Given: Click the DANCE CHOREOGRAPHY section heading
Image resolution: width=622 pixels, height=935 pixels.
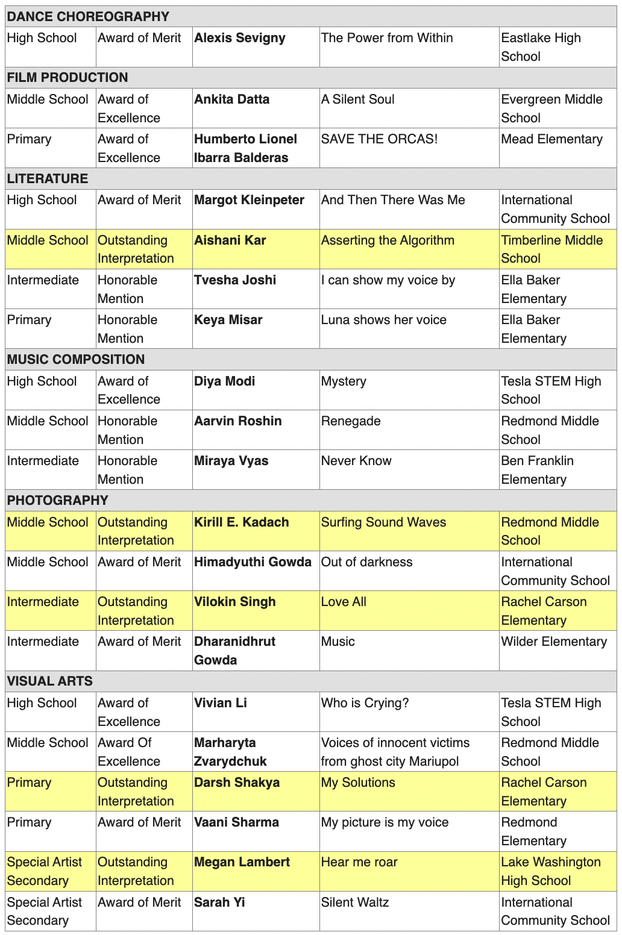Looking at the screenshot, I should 88,16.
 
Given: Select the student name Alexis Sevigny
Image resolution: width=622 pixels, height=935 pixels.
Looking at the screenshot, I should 239,38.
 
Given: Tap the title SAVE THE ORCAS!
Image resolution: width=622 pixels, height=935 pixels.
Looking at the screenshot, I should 379,139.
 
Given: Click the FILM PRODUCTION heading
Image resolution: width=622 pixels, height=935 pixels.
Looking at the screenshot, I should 68,78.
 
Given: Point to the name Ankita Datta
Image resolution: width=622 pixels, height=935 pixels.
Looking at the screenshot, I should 231,99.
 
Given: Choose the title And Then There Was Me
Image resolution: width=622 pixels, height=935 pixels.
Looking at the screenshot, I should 393,200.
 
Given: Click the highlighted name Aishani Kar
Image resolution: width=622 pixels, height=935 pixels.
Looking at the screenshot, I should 230,240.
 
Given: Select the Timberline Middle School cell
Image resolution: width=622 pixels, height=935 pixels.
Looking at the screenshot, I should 551,249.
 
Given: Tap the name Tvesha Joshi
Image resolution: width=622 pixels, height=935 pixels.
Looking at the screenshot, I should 234,280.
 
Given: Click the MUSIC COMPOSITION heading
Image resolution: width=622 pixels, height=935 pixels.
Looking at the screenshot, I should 76,360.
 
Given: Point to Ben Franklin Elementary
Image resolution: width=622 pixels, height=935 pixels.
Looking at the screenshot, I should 537,470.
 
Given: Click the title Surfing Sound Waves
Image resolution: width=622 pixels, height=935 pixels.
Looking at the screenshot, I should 383,522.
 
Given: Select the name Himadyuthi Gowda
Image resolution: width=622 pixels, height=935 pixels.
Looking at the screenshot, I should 253,562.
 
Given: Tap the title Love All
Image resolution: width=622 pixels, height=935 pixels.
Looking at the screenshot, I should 344,602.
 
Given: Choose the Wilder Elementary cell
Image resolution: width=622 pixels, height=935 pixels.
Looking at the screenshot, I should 554,642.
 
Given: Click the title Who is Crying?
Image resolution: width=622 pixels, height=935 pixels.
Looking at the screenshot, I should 365,703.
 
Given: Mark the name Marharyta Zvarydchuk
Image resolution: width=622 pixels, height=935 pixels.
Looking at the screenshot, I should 230,752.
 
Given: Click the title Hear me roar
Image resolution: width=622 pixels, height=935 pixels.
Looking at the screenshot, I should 359,862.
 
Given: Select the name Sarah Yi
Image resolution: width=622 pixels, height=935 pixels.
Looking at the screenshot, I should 219,902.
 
